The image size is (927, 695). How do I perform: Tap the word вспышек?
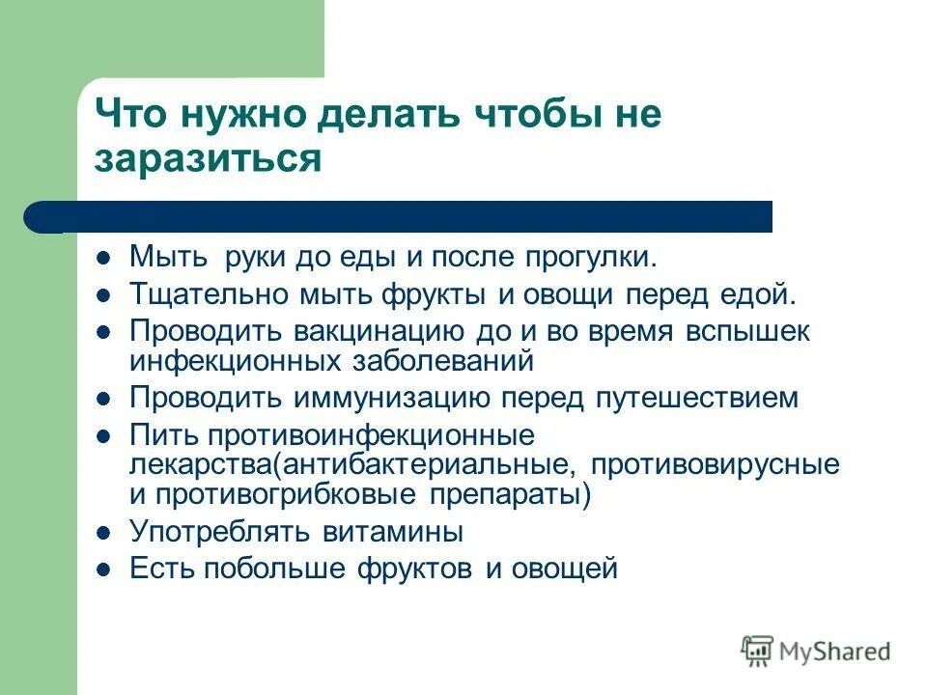click(747, 330)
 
